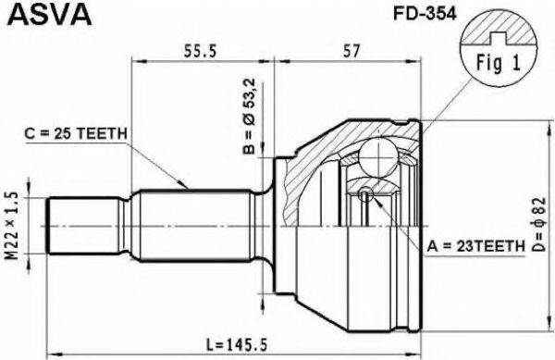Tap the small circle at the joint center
366,193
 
